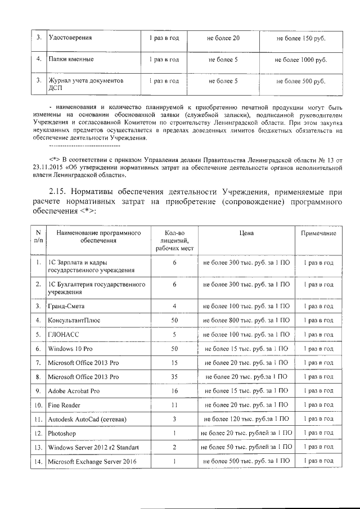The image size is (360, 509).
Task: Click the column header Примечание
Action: (318, 233)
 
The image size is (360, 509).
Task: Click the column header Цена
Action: (245, 232)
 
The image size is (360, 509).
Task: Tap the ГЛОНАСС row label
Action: (62, 334)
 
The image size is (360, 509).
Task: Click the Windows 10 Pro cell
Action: (70, 349)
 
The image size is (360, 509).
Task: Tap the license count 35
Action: (175, 376)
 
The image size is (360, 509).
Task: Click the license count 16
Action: (175, 390)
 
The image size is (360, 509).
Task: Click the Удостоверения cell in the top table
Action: (70, 38)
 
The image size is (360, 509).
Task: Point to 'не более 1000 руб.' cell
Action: (301, 59)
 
